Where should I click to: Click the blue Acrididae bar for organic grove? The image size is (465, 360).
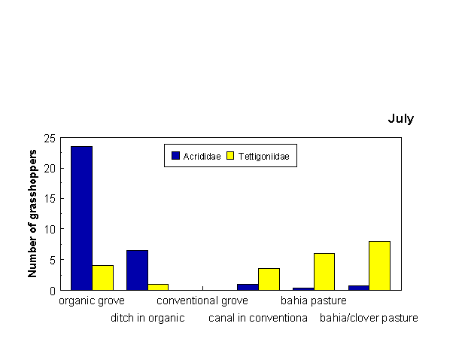[81, 218]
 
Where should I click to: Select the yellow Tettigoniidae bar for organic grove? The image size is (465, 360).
[102, 278]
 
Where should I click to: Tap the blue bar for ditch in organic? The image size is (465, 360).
[137, 270]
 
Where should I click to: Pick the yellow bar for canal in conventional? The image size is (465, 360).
[269, 279]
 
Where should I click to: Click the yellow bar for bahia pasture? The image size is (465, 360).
[324, 272]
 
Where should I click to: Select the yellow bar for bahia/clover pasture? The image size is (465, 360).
[379, 266]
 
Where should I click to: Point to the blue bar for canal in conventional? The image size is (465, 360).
[248, 287]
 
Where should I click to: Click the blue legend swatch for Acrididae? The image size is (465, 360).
[175, 155]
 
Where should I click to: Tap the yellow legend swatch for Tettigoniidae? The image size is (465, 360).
[230, 155]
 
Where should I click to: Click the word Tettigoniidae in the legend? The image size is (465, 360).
[263, 157]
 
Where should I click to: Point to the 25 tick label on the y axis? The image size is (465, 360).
[50, 139]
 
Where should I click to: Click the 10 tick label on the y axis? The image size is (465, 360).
[50, 229]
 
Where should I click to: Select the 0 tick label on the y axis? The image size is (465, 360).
[53, 291]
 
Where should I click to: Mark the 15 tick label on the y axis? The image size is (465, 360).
[50, 199]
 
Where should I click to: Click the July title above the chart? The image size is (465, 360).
[400, 119]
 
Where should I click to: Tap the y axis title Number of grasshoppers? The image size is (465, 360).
[32, 214]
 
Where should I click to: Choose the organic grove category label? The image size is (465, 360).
[92, 301]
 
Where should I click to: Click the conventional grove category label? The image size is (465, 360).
[202, 301]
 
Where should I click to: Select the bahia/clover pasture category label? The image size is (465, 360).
[369, 318]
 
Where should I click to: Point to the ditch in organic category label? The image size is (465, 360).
[147, 318]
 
